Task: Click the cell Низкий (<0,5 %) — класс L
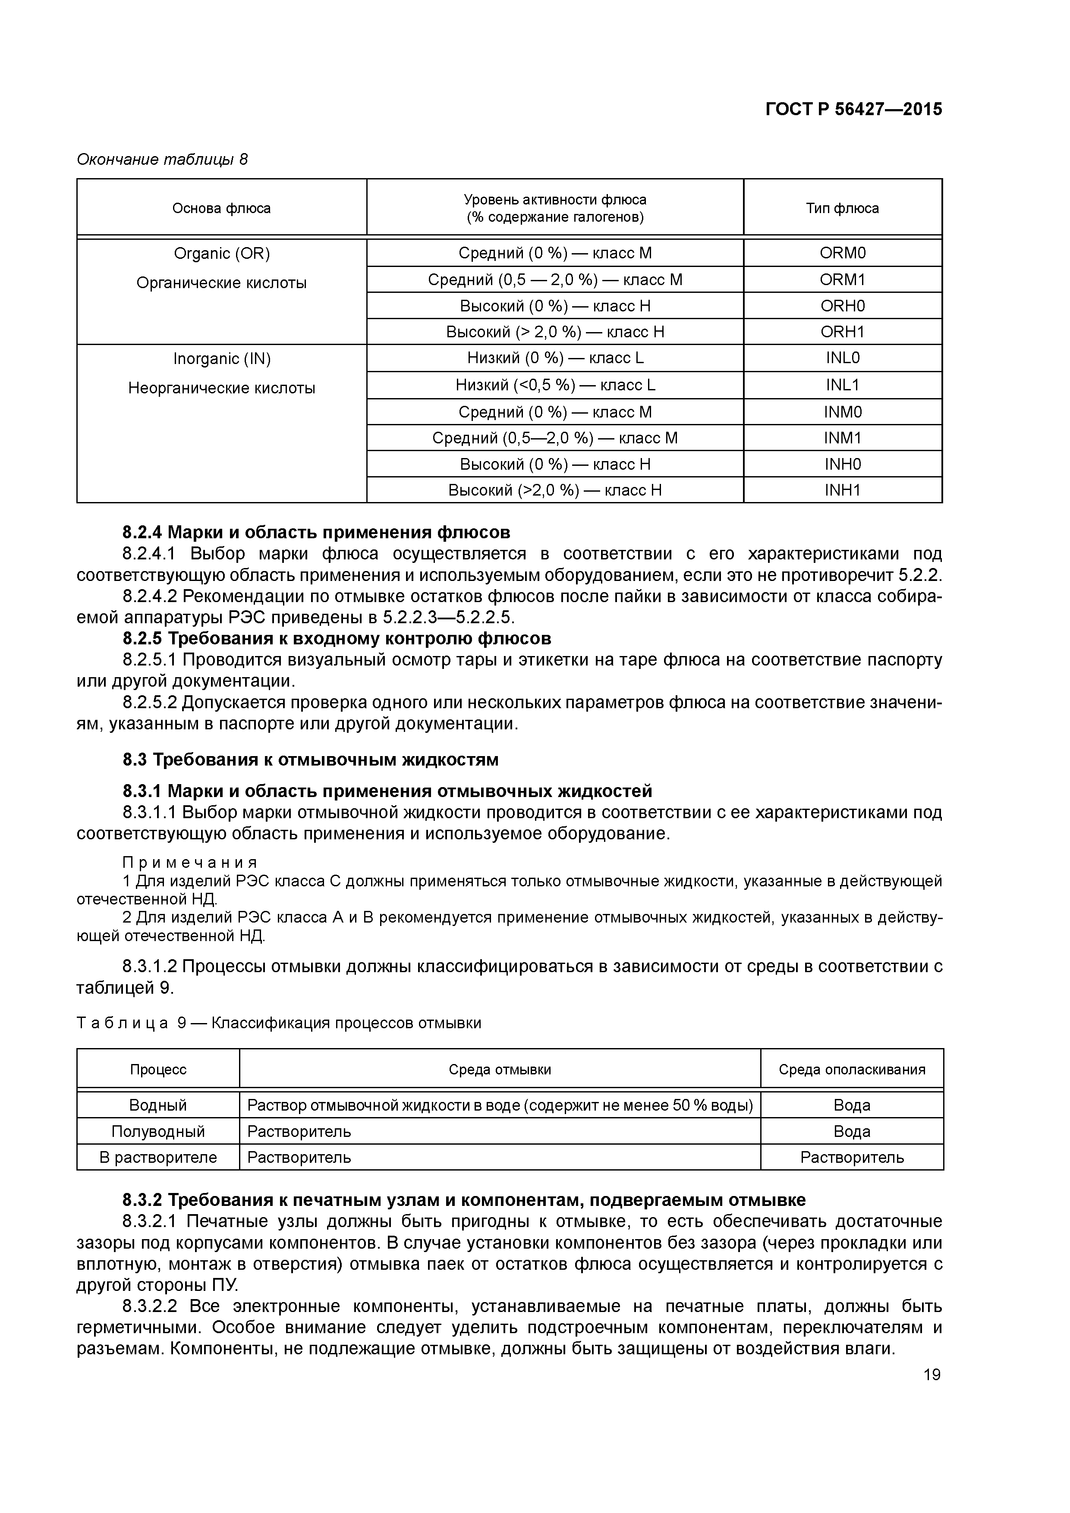(x=555, y=385)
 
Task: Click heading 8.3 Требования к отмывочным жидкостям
(x=311, y=760)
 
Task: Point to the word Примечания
(x=190, y=863)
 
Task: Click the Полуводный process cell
(x=158, y=1131)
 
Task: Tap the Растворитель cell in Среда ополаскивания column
(x=852, y=1157)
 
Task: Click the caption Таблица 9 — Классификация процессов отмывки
(x=279, y=1023)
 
